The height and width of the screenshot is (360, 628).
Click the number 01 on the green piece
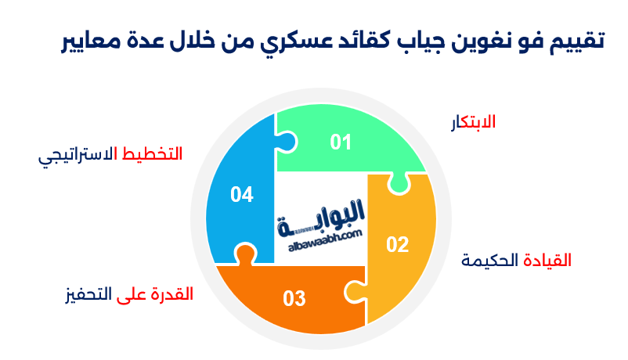tap(341, 142)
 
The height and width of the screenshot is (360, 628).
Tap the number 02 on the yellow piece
tap(398, 245)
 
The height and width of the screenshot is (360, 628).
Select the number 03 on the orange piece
tap(294, 298)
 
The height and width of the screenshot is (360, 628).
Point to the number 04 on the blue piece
tap(242, 194)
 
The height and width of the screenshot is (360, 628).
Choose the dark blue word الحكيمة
tap(491, 260)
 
